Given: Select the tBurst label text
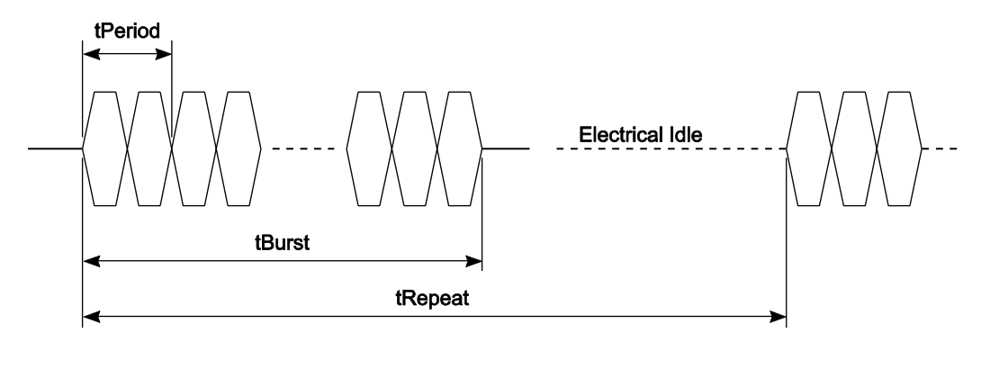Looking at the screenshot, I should click(x=283, y=243).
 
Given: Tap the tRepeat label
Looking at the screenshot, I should click(x=435, y=297).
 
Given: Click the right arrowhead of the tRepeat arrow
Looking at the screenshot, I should click(x=779, y=316).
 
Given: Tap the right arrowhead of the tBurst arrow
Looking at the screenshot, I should click(x=475, y=262).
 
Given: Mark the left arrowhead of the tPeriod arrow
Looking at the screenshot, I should click(x=89, y=54).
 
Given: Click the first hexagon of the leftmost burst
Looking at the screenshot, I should click(x=104, y=148).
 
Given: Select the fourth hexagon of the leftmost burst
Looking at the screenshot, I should click(x=238, y=148).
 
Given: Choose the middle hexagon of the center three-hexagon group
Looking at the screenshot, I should click(x=415, y=148).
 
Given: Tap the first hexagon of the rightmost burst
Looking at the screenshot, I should click(x=809, y=148).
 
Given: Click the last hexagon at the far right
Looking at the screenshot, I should click(x=899, y=148).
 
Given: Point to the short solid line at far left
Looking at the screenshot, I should click(x=55, y=148).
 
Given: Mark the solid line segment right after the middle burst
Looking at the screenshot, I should click(x=505, y=148).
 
